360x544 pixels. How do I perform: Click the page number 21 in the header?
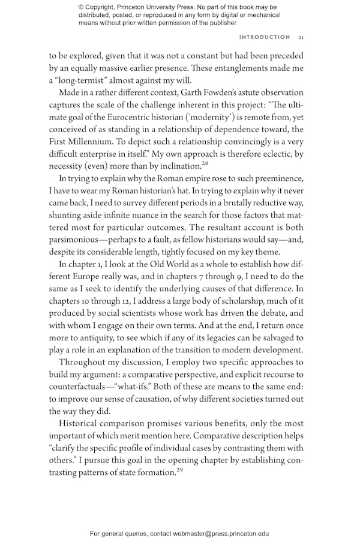click(x=301, y=37)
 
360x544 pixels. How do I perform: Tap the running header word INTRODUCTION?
click(x=265, y=37)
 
